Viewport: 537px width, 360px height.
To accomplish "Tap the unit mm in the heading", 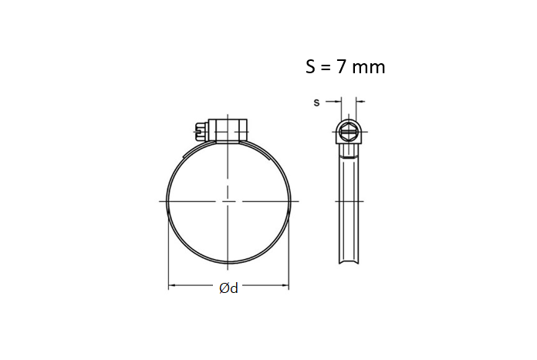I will (x=369, y=67).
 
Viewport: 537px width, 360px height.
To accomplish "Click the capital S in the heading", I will (x=312, y=67).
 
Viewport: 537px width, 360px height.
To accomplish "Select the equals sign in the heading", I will (x=327, y=68).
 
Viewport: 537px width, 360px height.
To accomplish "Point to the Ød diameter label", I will (x=228, y=288).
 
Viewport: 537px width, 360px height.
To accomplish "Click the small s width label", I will (x=316, y=102).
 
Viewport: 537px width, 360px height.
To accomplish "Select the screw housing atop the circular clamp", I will (x=227, y=131).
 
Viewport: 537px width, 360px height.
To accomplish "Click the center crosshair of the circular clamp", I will (x=228, y=201).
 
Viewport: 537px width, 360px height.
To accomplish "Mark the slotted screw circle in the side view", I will (x=349, y=133).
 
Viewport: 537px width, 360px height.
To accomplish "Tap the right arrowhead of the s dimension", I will (x=359, y=101).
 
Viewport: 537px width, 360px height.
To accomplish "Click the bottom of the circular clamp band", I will (x=228, y=262).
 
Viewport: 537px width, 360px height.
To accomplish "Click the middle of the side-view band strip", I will (x=349, y=204).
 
